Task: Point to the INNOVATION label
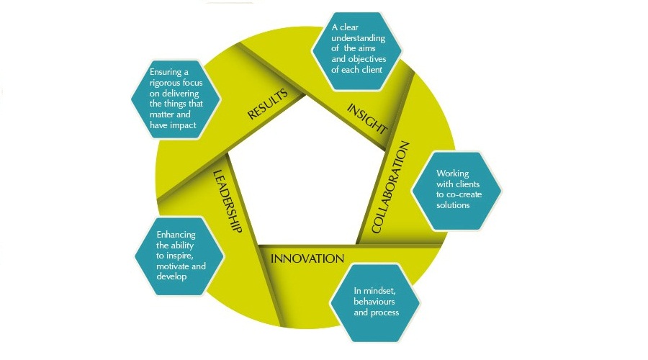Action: (x=306, y=258)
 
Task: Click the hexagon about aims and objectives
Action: (x=358, y=49)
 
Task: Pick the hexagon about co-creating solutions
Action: (x=456, y=190)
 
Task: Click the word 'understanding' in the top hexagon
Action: (x=358, y=38)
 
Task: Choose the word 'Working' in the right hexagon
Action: (x=452, y=174)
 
